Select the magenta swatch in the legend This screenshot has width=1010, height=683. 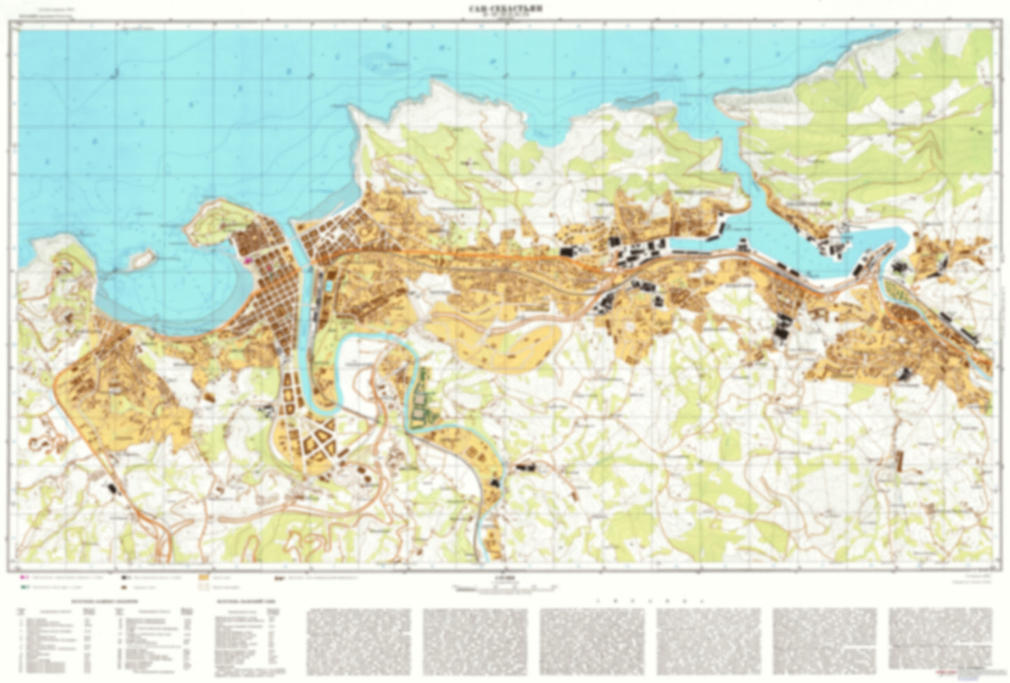pos(24,579)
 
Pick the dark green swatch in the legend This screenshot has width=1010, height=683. pos(24,589)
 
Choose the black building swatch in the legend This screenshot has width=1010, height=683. pos(125,579)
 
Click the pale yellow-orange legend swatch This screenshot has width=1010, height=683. pos(204,579)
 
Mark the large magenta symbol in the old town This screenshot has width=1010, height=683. pos(249,259)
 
